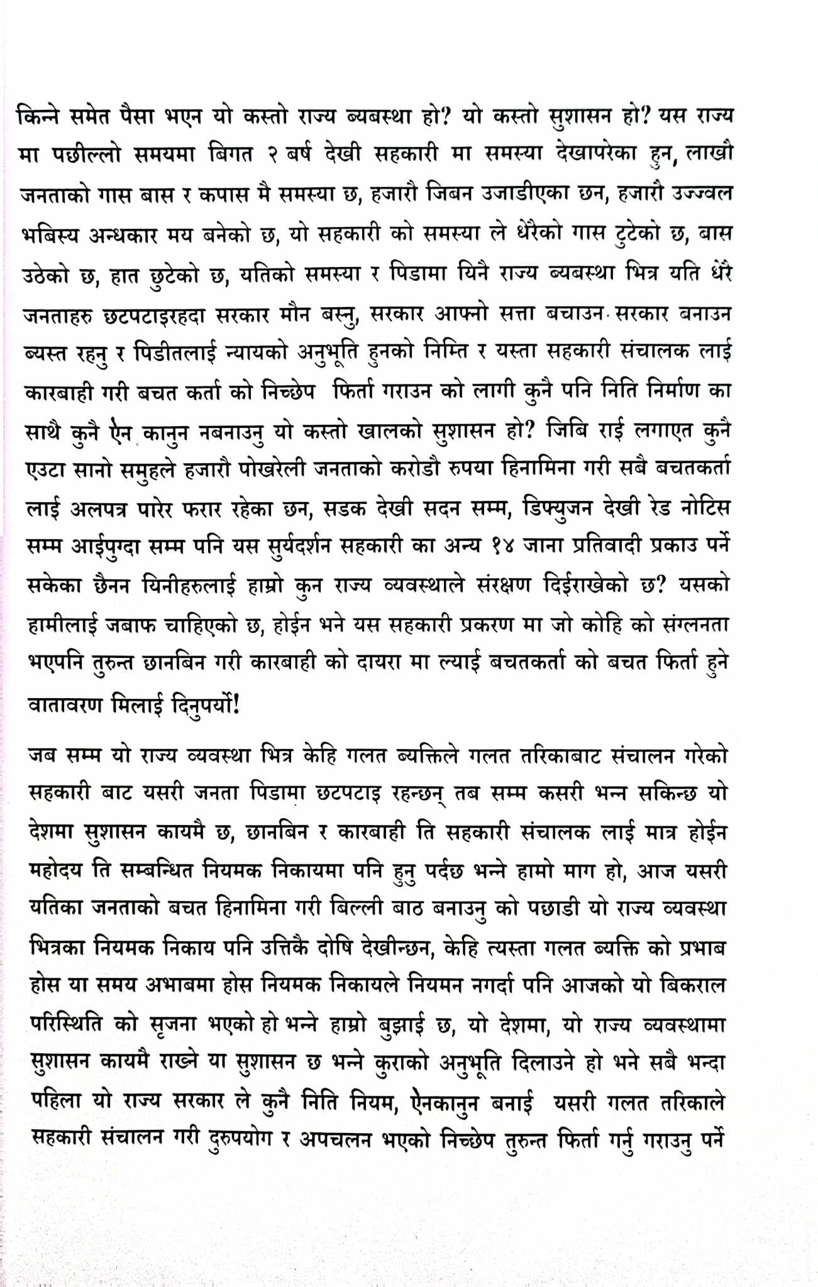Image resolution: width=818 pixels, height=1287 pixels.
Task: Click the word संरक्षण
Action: [502, 586]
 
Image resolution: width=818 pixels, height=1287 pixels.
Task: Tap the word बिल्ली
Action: [348, 909]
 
